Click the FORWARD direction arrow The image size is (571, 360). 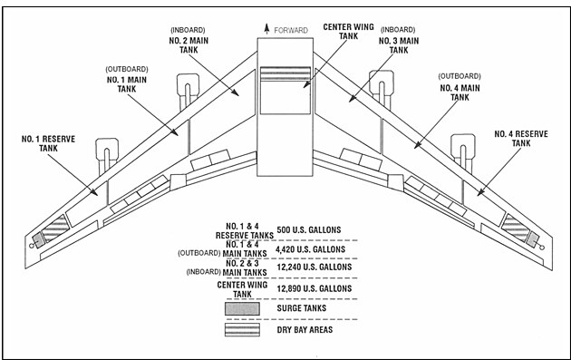pyautogui.click(x=267, y=29)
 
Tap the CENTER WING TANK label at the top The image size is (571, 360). pyautogui.click(x=349, y=32)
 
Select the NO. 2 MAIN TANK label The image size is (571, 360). pyautogui.click(x=189, y=45)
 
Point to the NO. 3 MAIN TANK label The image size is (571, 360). pyautogui.click(x=399, y=45)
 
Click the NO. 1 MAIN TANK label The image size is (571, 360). pyautogui.click(x=127, y=84)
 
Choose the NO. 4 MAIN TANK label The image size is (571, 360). pyautogui.click(x=460, y=92)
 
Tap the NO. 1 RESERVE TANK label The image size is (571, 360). pyautogui.click(x=48, y=143)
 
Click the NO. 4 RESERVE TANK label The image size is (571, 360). pyautogui.click(x=521, y=139)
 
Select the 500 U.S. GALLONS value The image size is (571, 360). pyautogui.click(x=309, y=230)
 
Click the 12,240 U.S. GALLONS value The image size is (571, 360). pyautogui.click(x=315, y=268)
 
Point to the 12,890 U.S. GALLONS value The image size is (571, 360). pyautogui.click(x=315, y=288)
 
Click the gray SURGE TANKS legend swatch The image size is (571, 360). pyautogui.click(x=242, y=308)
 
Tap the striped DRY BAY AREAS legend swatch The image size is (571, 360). pyautogui.click(x=242, y=329)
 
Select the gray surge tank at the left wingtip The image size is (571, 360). pyautogui.click(x=38, y=239)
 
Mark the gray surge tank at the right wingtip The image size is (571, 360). pyautogui.click(x=533, y=239)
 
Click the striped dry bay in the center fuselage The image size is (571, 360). pyautogui.click(x=285, y=73)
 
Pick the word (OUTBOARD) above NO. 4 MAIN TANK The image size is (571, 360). pyautogui.click(x=460, y=76)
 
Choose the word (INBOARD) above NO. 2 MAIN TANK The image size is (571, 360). pyautogui.click(x=188, y=30)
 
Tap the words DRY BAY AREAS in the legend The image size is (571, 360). pyautogui.click(x=305, y=330)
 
